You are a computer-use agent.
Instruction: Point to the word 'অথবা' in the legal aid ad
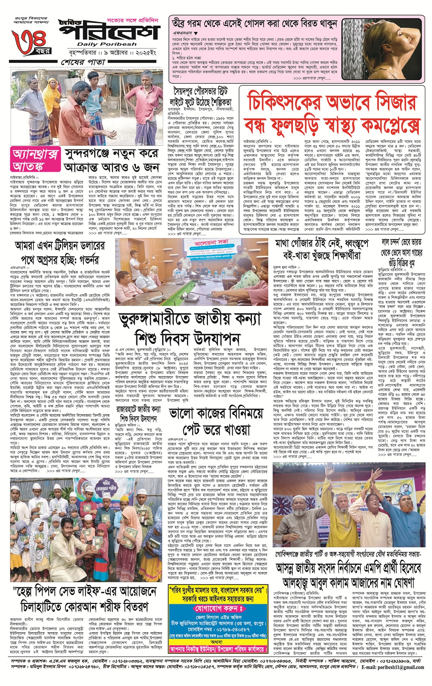[217, 642]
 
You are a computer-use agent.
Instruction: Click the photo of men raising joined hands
[355, 505]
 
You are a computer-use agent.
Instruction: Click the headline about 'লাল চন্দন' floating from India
[402, 253]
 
